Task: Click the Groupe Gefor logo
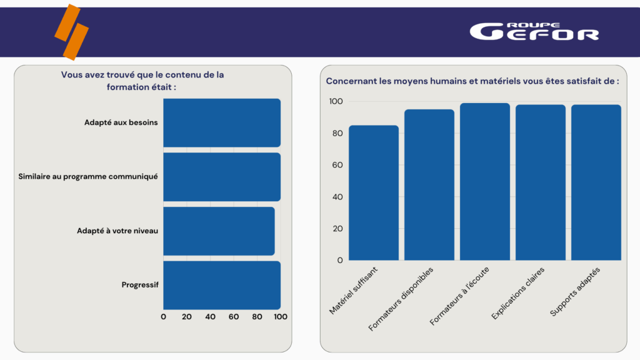coord(534,32)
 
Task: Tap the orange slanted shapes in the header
coord(71,32)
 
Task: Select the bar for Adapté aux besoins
coord(222,122)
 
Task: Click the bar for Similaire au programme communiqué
coord(222,177)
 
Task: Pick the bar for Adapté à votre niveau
coord(219,231)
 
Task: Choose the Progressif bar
coord(222,285)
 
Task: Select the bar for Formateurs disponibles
coord(429,184)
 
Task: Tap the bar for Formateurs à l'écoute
coord(485,181)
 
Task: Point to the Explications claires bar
coord(541,182)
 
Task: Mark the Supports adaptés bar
coord(596,182)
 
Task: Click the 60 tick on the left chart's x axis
coord(234,317)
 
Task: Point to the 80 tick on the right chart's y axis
coord(337,133)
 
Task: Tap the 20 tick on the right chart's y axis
coord(337,228)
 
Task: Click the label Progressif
coord(140,285)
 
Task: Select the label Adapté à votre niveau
coord(117,231)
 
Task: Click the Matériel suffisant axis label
coord(354,290)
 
